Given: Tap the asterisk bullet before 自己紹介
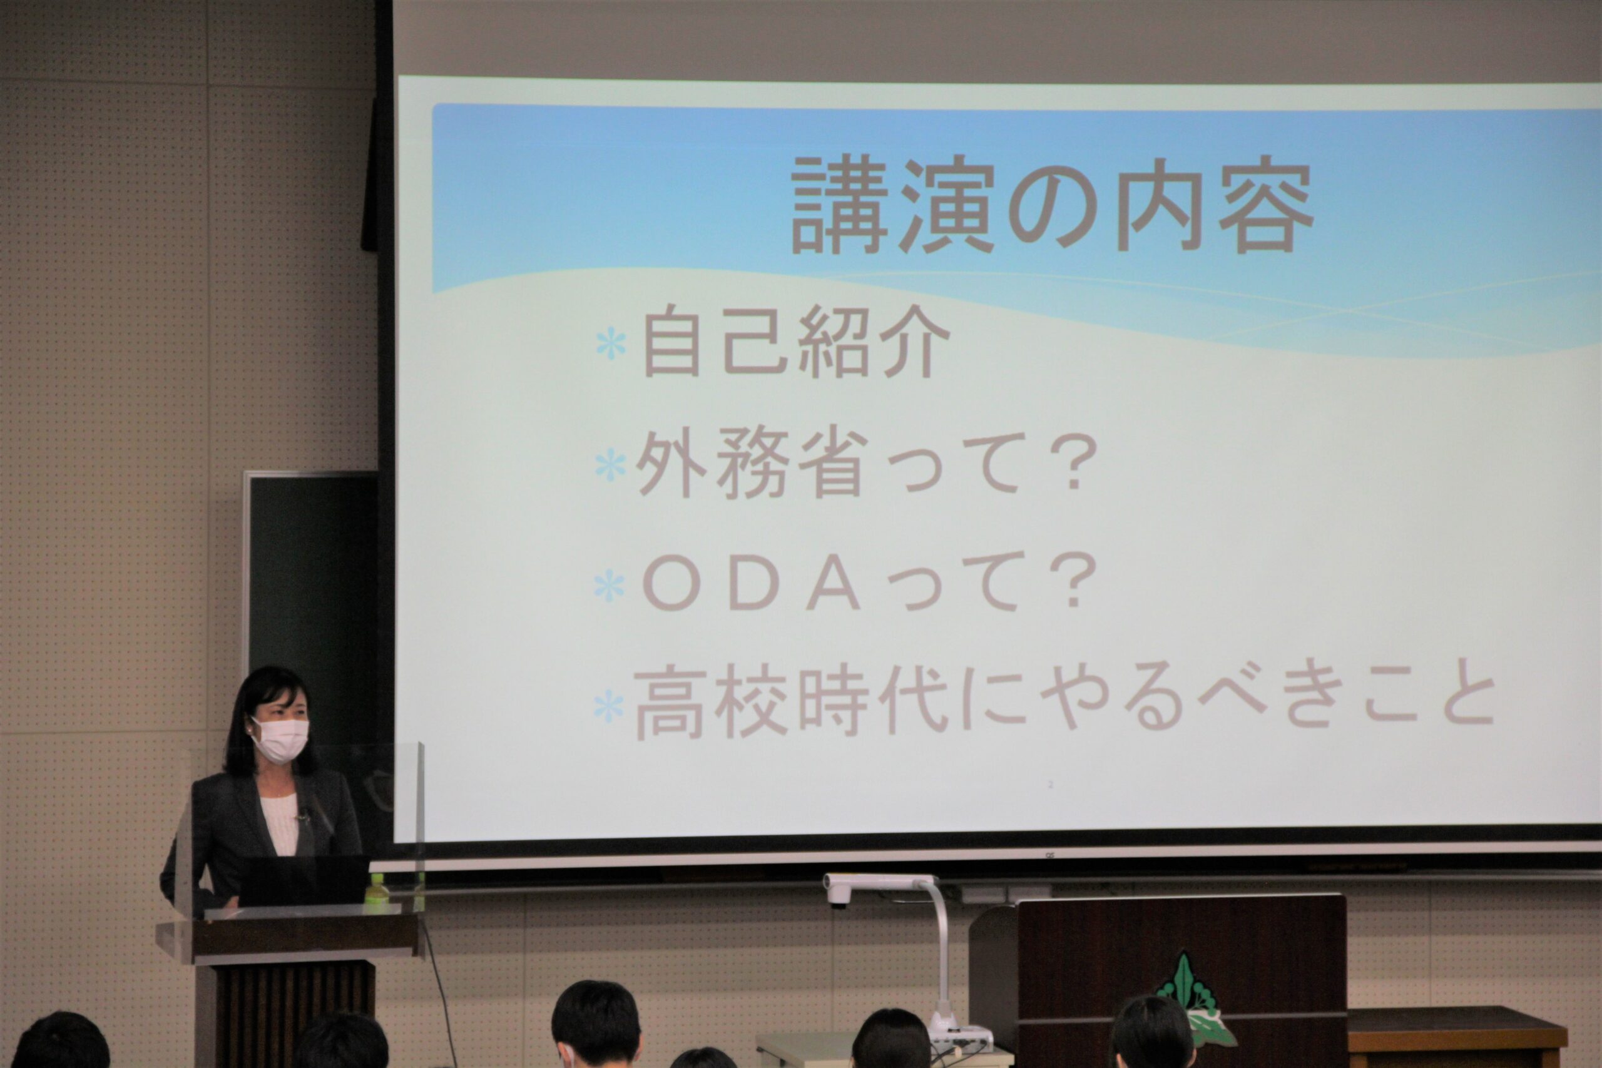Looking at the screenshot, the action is [x=611, y=345].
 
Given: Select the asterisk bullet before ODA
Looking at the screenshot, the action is [x=609, y=587].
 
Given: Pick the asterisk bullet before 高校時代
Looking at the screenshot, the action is [x=608, y=707].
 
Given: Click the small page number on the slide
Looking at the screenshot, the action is [x=1050, y=785].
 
